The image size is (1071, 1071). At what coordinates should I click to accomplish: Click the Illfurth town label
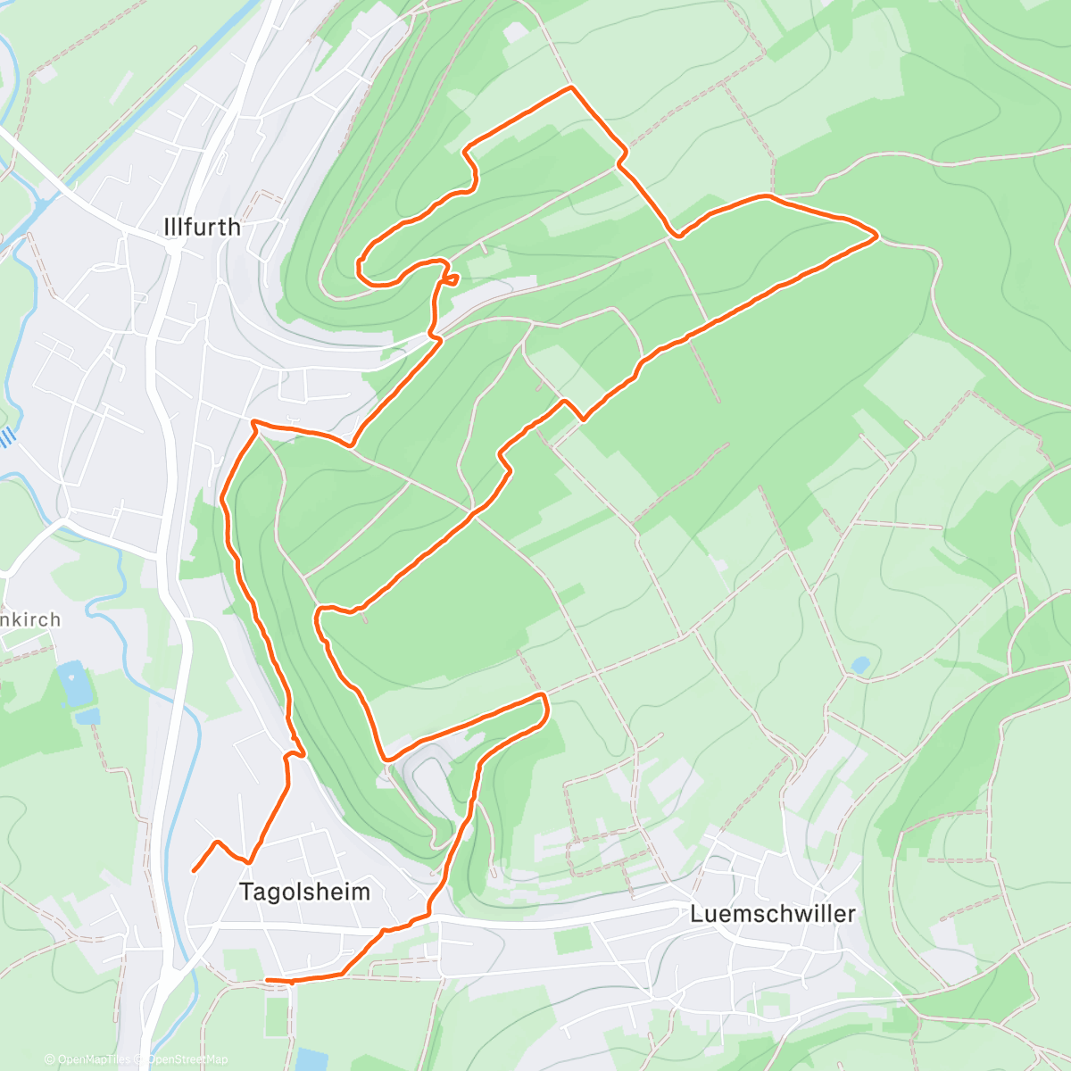coord(203,227)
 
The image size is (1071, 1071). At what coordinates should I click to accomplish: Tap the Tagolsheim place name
coord(304,891)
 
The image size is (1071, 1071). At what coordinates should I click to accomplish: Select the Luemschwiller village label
coord(773,914)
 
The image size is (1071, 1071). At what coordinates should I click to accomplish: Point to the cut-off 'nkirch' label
coord(31,619)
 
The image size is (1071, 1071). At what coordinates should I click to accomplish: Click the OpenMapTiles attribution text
coord(93,1059)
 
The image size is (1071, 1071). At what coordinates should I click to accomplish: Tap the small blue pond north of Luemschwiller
coord(859,665)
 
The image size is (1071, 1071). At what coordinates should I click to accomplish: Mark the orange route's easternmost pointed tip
coord(878,236)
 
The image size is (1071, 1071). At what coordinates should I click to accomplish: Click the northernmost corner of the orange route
coord(571,87)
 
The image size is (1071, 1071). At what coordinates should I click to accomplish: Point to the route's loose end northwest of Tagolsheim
coord(194,870)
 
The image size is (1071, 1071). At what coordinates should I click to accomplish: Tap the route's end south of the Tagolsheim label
coord(268,980)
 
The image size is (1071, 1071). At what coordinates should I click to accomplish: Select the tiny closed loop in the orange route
coord(452,279)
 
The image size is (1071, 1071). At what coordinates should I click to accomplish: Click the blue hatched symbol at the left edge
coord(7,437)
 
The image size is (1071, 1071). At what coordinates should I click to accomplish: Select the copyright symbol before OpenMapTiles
coord(50,1059)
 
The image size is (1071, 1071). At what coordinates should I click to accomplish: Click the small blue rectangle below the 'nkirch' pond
coord(87,716)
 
